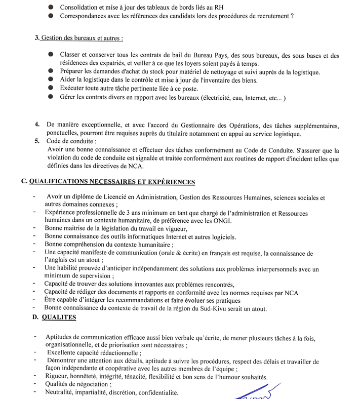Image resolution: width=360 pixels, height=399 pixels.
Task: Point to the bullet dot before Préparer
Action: (x=51, y=72)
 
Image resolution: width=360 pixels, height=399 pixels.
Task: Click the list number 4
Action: (x=37, y=125)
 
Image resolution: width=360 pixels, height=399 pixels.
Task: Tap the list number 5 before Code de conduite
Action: (x=37, y=141)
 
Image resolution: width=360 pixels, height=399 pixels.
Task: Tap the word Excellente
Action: (x=65, y=353)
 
